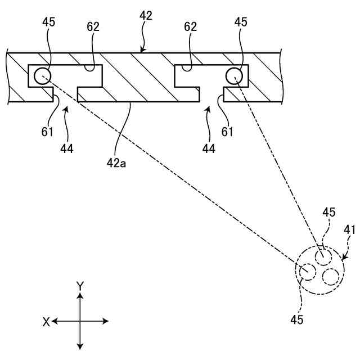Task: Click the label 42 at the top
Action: click(x=146, y=16)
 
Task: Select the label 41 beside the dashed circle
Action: click(x=349, y=230)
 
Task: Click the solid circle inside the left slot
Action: click(x=42, y=75)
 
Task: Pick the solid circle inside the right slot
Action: click(x=234, y=75)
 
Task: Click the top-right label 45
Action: click(x=241, y=22)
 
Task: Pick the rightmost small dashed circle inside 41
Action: click(x=331, y=276)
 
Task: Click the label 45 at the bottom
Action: click(x=297, y=319)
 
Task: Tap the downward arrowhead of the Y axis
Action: click(x=80, y=345)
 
